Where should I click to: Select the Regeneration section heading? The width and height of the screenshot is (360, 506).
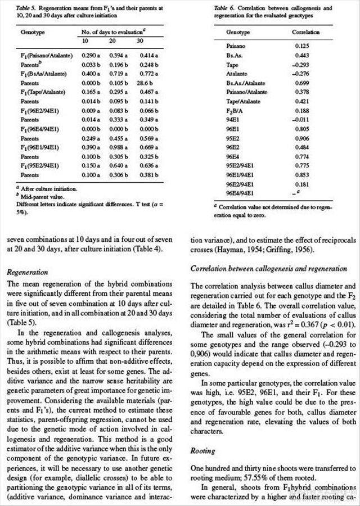28,272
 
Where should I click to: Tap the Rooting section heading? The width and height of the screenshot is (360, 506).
203,450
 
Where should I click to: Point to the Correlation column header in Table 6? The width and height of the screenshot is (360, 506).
306,33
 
